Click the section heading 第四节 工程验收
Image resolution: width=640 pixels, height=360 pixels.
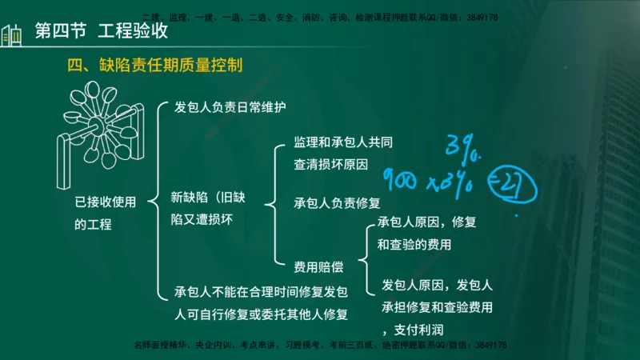pos(102,32)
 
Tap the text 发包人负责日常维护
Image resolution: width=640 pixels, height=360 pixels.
pos(230,106)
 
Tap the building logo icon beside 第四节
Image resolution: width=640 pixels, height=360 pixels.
pos(11,34)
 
